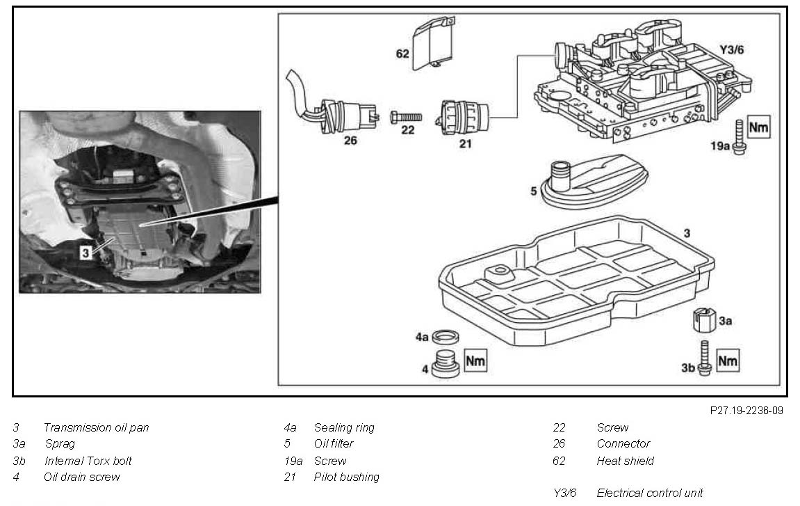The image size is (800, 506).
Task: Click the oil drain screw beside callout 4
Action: click(x=445, y=365)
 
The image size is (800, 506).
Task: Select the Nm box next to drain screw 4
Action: click(x=475, y=360)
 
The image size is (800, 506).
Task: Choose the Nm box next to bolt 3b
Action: click(x=728, y=361)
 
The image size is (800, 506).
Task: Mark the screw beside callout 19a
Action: click(x=738, y=136)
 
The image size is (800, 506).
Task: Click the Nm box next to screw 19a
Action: click(x=759, y=127)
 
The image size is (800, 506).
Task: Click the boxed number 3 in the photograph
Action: click(x=85, y=253)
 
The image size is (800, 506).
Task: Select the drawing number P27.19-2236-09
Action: click(x=746, y=411)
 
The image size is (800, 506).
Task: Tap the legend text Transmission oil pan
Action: click(x=96, y=427)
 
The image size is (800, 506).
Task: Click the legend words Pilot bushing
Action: click(x=346, y=477)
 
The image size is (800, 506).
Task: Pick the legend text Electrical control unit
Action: click(x=650, y=493)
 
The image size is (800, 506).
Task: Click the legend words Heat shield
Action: click(x=625, y=461)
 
